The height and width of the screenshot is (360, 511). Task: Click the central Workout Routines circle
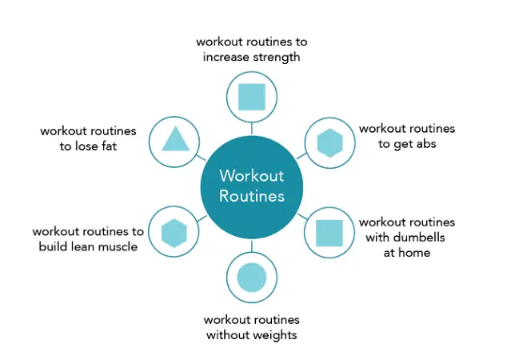[252, 187]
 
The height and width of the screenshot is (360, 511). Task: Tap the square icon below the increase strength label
[252, 97]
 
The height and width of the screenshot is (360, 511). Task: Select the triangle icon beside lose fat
[175, 139]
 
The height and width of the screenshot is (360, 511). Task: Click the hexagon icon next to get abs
[329, 143]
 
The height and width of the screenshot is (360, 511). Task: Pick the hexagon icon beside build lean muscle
[174, 233]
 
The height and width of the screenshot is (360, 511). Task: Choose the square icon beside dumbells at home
[329, 233]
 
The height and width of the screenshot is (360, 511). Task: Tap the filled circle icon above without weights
[252, 278]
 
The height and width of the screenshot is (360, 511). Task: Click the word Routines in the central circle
[252, 196]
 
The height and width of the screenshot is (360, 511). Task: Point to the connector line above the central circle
[252, 129]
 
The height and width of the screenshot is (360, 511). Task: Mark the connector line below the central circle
[252, 246]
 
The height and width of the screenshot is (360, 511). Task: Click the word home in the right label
[416, 253]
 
